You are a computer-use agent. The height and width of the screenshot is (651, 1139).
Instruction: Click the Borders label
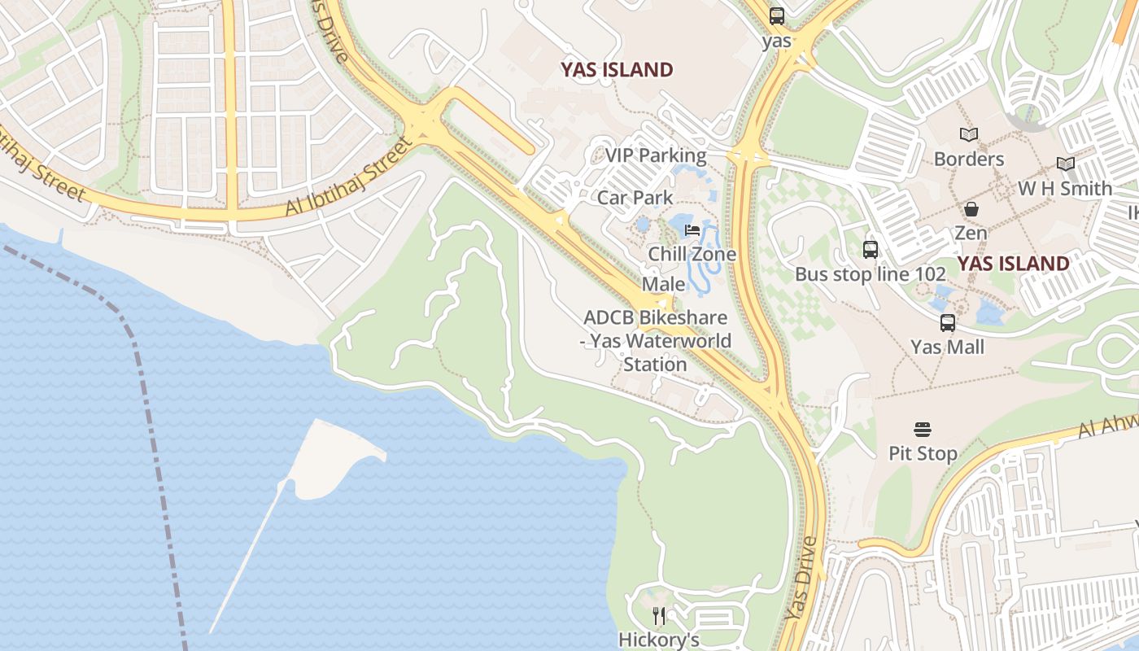pos(968,159)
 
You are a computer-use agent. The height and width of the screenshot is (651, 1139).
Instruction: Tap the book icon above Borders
pos(968,134)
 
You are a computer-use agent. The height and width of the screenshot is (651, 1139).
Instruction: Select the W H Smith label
pos(1065,189)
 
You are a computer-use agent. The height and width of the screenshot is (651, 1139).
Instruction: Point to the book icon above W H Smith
pos(1065,164)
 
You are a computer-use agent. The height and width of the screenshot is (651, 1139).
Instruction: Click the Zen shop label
pos(971,233)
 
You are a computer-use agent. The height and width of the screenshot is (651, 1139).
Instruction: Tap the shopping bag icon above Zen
pos(971,209)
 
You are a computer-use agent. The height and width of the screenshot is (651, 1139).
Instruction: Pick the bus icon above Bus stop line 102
pos(871,250)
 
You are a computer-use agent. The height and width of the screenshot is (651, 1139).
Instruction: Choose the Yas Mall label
pos(948,347)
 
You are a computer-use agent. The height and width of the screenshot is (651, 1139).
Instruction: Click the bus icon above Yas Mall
pos(948,323)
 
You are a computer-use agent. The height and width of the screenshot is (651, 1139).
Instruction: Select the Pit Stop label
pos(923,453)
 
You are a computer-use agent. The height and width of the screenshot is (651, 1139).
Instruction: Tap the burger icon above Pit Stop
pos(923,429)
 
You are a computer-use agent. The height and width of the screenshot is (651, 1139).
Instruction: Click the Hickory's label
pos(659,640)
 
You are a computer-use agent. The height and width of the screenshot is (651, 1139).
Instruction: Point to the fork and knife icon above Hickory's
pos(659,616)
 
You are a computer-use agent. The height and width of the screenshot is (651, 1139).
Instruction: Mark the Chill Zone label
pos(692,254)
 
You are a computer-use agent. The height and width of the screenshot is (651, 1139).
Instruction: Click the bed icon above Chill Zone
pos(692,230)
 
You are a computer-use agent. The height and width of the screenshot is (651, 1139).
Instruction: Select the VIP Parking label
pos(656,155)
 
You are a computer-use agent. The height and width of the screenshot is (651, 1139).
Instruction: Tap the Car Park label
pos(635,198)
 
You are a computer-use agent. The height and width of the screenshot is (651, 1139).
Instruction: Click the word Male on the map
pos(664,284)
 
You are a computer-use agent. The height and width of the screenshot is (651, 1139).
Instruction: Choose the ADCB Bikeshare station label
pos(656,341)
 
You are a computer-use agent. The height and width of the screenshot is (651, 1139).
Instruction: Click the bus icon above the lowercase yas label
pos(777,15)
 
